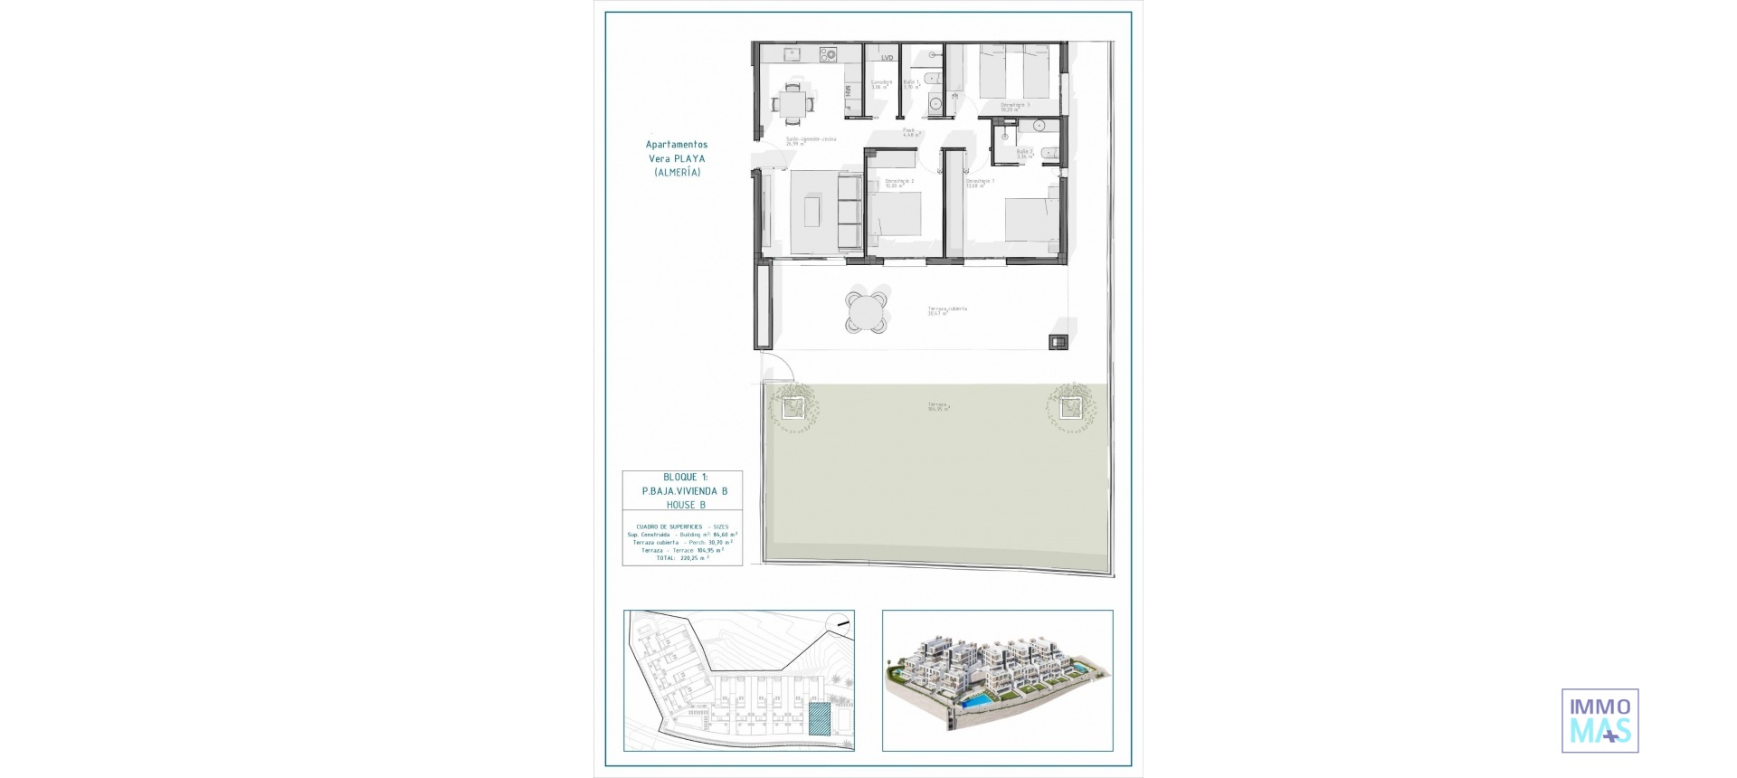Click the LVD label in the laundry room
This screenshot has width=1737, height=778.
[x=887, y=58]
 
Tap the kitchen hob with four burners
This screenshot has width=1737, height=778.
[x=829, y=55]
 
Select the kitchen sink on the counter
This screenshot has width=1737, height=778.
[x=791, y=54]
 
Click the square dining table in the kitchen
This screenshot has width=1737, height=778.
[x=793, y=102]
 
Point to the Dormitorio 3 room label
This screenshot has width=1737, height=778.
[x=1014, y=106]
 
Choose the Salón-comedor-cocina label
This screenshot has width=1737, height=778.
[x=810, y=140]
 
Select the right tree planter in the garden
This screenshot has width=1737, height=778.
[x=1071, y=408]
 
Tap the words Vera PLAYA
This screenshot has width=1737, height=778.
[x=677, y=158]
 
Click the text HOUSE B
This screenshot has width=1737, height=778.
[x=685, y=505]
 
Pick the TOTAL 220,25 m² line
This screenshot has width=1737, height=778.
[x=682, y=558]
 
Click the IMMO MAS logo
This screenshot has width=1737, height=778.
[x=1599, y=720]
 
